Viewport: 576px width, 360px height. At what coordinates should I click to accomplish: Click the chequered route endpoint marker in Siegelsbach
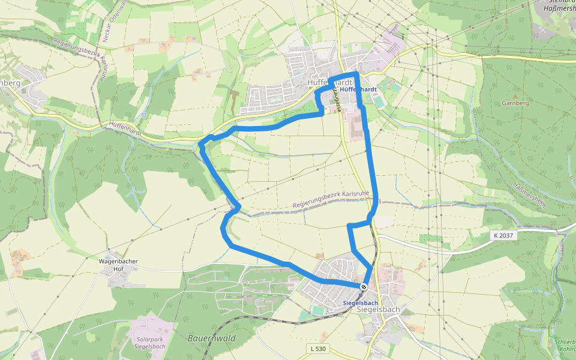coord(364,287)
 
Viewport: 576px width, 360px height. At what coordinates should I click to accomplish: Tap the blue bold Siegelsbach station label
coord(361,303)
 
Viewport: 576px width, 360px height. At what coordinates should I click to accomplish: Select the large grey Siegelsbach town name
coord(378,310)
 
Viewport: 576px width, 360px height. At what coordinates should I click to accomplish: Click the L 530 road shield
coord(319,349)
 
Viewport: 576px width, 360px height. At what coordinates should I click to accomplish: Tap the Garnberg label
coord(515,103)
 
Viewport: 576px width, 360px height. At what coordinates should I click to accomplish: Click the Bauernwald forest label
coord(211,338)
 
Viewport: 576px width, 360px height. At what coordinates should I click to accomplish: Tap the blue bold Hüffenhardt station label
coord(358,89)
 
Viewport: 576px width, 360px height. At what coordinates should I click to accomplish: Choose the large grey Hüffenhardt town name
coord(329,82)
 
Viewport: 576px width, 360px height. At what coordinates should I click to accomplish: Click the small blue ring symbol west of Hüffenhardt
coord(144,115)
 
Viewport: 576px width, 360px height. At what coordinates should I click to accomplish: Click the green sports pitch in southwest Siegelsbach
coord(317,310)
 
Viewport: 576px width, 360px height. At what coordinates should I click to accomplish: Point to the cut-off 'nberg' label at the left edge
coord(10,83)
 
